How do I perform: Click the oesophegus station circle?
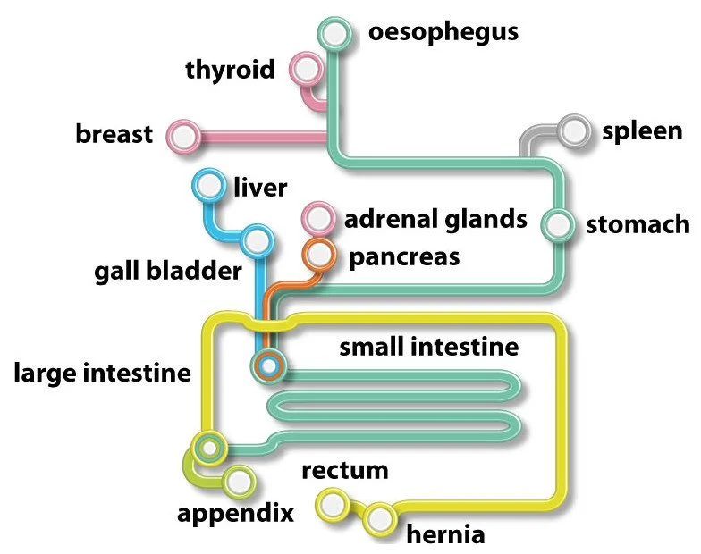335,35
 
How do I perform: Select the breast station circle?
184,137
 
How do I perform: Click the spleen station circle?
573,131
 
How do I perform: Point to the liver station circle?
209,188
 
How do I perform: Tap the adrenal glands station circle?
316,217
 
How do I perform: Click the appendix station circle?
238,482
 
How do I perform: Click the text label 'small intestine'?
428,346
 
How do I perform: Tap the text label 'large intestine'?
102,372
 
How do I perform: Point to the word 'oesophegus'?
443,33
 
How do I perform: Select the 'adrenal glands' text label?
435,218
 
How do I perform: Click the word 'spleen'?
642,131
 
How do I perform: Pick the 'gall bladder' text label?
168,271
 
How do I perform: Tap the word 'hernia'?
445,535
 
